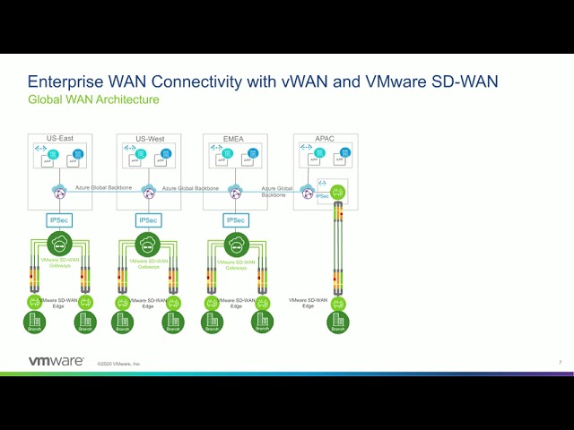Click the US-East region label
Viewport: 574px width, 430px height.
tap(59, 139)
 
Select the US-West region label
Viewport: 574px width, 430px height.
tap(148, 139)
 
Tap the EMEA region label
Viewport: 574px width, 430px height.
tap(234, 139)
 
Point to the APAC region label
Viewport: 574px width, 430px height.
tap(325, 139)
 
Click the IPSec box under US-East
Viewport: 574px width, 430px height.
tap(59, 219)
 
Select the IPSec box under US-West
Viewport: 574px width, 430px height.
tap(148, 219)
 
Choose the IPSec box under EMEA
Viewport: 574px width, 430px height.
tap(235, 219)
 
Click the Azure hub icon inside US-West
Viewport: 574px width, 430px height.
tap(148, 192)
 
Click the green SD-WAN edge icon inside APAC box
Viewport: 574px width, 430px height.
tap(337, 192)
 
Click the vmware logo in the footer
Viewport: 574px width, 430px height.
tap(56, 361)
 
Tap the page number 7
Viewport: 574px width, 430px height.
tap(560, 362)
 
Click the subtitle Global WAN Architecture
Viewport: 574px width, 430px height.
tap(93, 99)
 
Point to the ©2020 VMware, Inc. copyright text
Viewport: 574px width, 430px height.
tap(119, 364)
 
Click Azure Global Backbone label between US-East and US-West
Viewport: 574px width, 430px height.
tap(103, 187)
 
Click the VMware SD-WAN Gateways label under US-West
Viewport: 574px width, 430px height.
tap(148, 264)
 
